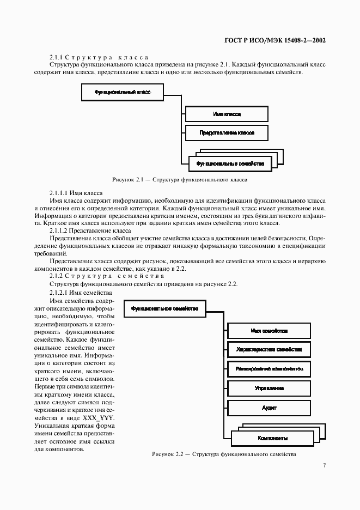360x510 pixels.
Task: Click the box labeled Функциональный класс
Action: coord(122,93)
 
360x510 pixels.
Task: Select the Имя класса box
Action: coord(227,114)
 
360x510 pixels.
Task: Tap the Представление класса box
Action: coord(227,132)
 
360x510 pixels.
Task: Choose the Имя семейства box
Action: coord(269,331)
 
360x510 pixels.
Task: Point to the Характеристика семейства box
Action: coord(269,350)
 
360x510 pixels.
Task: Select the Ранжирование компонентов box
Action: coord(269,369)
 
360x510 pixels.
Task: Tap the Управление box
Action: coord(269,388)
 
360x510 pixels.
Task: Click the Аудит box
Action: coord(269,407)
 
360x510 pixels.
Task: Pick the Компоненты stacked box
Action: coord(273,438)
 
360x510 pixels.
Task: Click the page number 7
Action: coord(324,465)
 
